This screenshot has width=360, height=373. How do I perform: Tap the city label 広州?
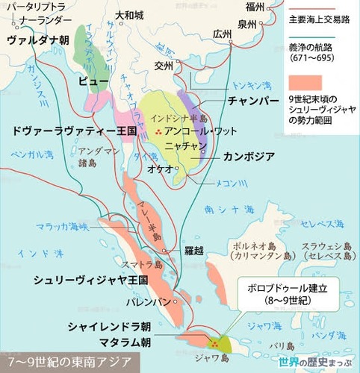tap(222, 34)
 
